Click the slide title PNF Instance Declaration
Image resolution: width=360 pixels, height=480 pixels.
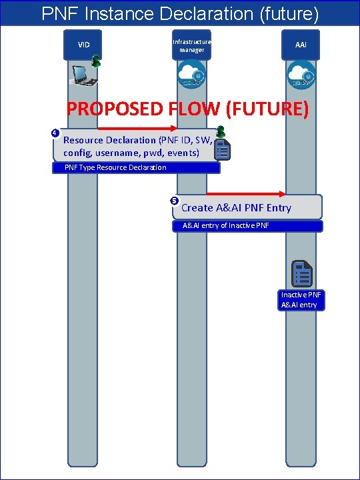click(179, 13)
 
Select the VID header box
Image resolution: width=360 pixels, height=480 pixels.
click(84, 45)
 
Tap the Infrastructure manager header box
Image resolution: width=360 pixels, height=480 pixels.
click(191, 45)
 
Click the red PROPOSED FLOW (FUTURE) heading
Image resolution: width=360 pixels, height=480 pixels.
click(187, 109)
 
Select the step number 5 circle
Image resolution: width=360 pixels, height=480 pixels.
click(174, 201)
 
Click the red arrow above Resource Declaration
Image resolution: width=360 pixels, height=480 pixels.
click(137, 128)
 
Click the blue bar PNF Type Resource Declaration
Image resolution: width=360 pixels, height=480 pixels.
click(136, 167)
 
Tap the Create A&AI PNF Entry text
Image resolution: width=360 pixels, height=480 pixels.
click(236, 208)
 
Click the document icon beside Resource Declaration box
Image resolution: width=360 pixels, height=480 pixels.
click(223, 149)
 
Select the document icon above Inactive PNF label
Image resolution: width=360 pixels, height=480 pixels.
click(302, 273)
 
